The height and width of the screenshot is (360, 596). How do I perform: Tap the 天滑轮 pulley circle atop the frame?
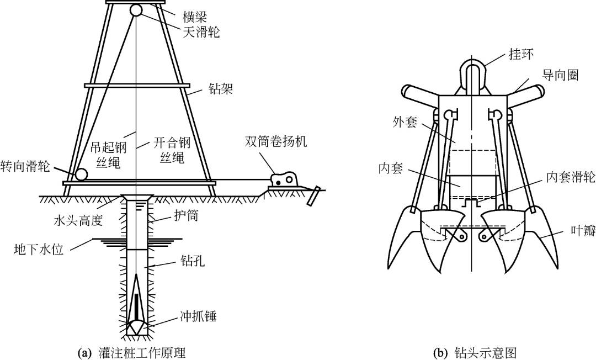[x=136, y=10]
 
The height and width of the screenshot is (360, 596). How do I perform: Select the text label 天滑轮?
[x=201, y=33]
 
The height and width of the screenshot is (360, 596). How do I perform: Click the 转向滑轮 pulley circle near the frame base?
[x=81, y=174]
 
